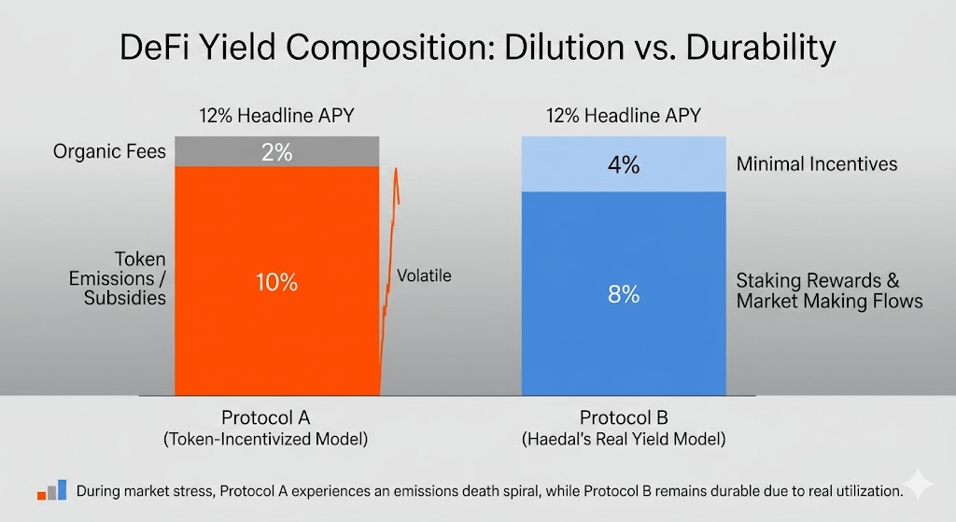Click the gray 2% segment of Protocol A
pyautogui.click(x=276, y=151)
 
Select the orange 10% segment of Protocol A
pyautogui.click(x=276, y=281)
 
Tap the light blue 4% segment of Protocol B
pyautogui.click(x=624, y=164)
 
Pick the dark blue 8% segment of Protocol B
pyautogui.click(x=624, y=293)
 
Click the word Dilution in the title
pyautogui.click(x=561, y=47)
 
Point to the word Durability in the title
pyautogui.click(x=761, y=49)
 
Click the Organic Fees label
pyautogui.click(x=109, y=151)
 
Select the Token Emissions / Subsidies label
pyautogui.click(x=117, y=278)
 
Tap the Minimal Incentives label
pyautogui.click(x=816, y=164)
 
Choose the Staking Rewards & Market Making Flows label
pyautogui.click(x=829, y=290)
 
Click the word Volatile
pyautogui.click(x=424, y=275)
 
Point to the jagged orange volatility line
pyautogui.click(x=389, y=280)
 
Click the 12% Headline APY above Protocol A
pyautogui.click(x=276, y=115)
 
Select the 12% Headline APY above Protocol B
pyautogui.click(x=624, y=115)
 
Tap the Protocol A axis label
pyautogui.click(x=266, y=417)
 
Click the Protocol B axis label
pyautogui.click(x=624, y=417)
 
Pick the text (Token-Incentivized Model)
pyautogui.click(x=266, y=439)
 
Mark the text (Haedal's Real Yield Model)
pyautogui.click(x=624, y=439)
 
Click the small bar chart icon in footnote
pyautogui.click(x=52, y=490)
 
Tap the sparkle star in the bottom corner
pyautogui.click(x=918, y=484)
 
